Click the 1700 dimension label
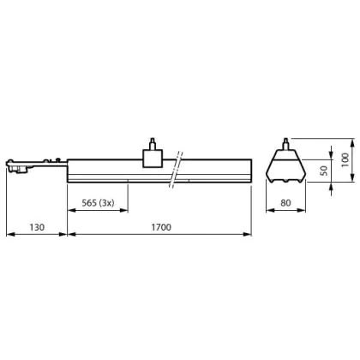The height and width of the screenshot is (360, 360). pyautogui.click(x=161, y=227)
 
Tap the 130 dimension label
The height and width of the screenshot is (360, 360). pyautogui.click(x=37, y=227)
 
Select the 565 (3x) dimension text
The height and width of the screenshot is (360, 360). pyautogui.click(x=98, y=203)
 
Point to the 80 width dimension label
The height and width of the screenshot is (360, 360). pyautogui.click(x=285, y=203)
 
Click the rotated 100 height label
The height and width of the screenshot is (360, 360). pyautogui.click(x=345, y=160)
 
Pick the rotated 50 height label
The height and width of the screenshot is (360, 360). pyautogui.click(x=323, y=171)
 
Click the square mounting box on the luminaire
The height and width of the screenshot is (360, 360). pyautogui.click(x=153, y=158)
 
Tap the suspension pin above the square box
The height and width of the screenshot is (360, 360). pyautogui.click(x=153, y=143)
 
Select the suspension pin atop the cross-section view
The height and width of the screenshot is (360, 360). pyautogui.click(x=285, y=144)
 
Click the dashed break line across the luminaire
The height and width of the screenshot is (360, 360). pyautogui.click(x=176, y=170)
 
